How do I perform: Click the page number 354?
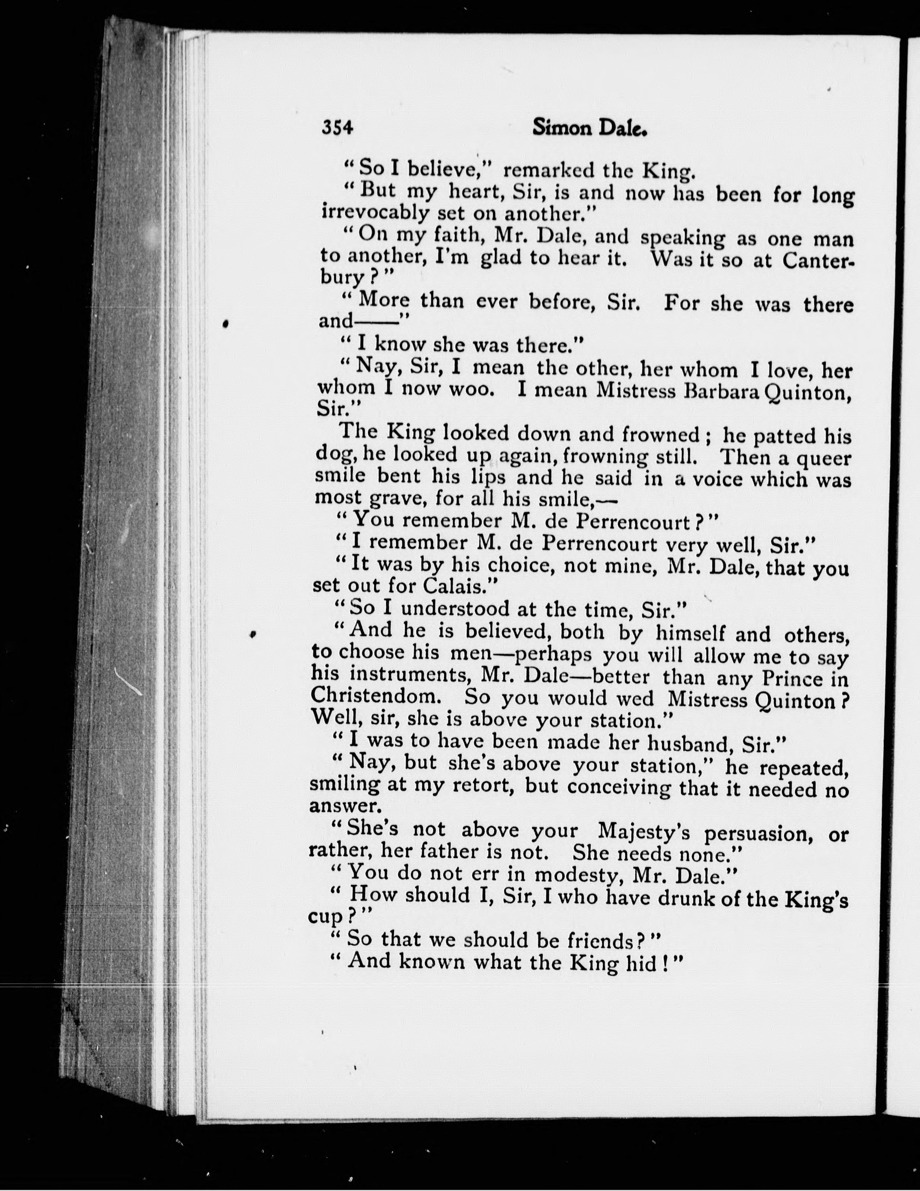click(x=338, y=128)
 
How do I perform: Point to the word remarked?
click(x=548, y=171)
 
